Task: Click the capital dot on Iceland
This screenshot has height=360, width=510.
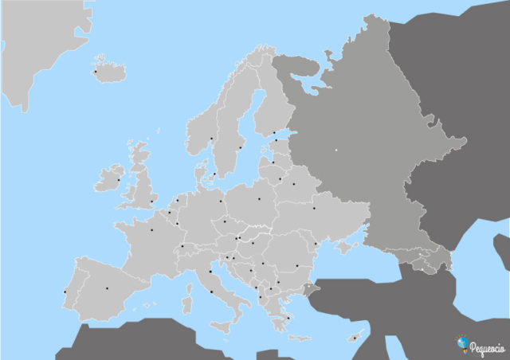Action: pyautogui.click(x=96, y=72)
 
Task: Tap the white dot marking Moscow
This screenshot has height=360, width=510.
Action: pyautogui.click(x=336, y=150)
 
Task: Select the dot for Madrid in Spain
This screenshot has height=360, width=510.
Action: pyautogui.click(x=107, y=288)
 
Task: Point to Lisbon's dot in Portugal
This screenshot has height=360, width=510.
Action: pyautogui.click(x=65, y=292)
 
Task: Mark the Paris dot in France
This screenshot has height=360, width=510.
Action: pyautogui.click(x=151, y=229)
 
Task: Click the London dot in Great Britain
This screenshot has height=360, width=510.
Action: pyautogui.click(x=151, y=202)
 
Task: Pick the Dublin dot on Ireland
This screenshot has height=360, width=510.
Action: pyautogui.click(x=119, y=179)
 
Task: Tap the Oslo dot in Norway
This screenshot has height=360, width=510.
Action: pyautogui.click(x=212, y=139)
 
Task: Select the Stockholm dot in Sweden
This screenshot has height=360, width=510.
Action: pyautogui.click(x=240, y=147)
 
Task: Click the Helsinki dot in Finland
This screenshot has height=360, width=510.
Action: pyautogui.click(x=274, y=132)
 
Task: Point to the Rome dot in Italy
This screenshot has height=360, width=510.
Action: pyautogui.click(x=211, y=292)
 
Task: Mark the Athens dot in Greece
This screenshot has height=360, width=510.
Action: pyautogui.click(x=287, y=317)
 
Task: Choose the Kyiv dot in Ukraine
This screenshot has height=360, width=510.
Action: pyautogui.click(x=314, y=209)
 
